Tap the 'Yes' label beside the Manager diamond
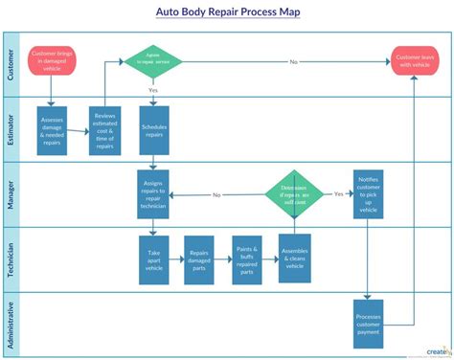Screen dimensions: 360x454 338,192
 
